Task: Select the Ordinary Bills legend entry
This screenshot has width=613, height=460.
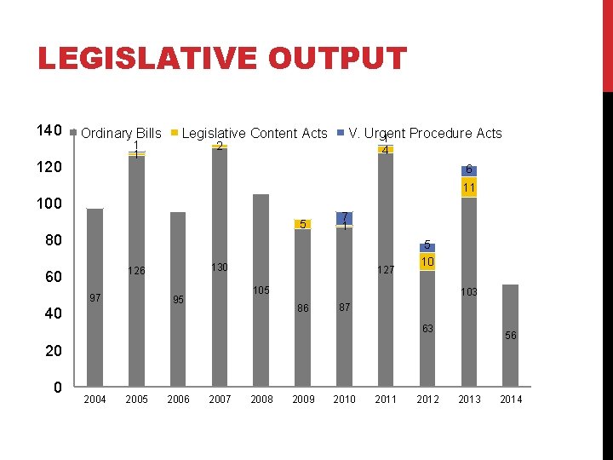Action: [120, 133]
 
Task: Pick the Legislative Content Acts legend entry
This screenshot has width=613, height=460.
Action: [254, 133]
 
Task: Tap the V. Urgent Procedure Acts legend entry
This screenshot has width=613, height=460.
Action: [424, 133]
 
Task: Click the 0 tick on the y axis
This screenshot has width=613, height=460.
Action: [56, 388]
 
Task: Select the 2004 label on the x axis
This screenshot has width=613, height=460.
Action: [95, 400]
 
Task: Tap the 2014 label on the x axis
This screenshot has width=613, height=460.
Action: [511, 400]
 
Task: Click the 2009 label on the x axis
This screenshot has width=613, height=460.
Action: [303, 400]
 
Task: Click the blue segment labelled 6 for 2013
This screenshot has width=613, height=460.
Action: [469, 170]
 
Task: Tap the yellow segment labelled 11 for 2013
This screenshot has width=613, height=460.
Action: [469, 187]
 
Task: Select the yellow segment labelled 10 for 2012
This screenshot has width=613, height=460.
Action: [427, 262]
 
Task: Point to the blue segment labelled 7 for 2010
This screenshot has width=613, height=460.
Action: [344, 218]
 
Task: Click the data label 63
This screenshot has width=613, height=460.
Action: [427, 329]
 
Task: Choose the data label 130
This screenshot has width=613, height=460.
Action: [219, 267]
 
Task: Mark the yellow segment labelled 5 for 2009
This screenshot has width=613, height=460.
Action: [302, 224]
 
